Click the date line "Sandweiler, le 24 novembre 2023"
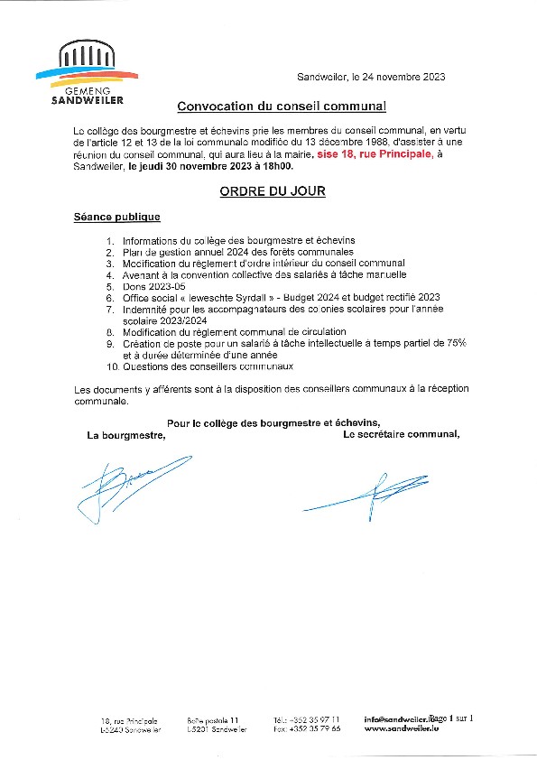(371, 78)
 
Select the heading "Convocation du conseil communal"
(281, 107)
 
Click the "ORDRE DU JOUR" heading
(273, 191)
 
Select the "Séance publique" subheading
(117, 218)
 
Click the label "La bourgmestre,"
(126, 434)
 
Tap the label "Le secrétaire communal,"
(401, 433)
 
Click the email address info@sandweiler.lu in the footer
(396, 719)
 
